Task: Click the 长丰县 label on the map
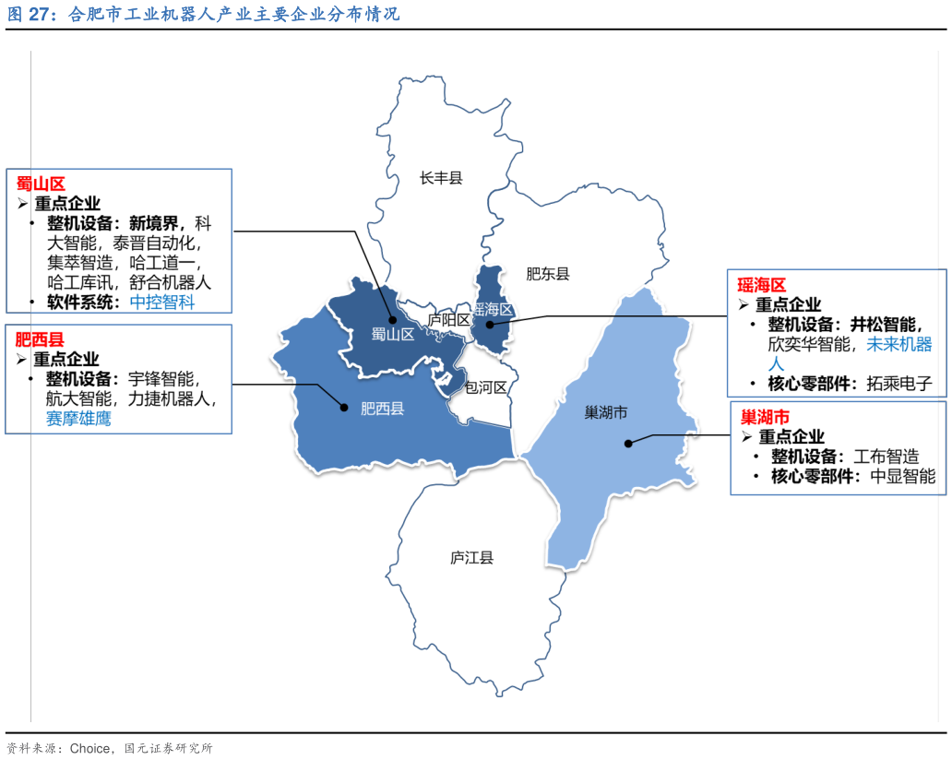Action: [441, 178]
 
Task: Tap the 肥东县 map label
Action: [548, 274]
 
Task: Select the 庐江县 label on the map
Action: [471, 558]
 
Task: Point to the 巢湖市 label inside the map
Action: [606, 412]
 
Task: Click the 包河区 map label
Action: [486, 387]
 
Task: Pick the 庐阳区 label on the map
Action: [449, 320]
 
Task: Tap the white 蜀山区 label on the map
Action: [393, 335]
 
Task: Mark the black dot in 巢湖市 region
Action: [628, 444]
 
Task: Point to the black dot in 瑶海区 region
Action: [490, 325]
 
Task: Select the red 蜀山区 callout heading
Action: [41, 184]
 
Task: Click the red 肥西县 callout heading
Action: [40, 339]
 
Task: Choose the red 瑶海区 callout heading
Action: [761, 285]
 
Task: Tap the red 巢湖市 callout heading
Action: [766, 417]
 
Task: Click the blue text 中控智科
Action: [162, 303]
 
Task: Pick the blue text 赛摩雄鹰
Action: [79, 419]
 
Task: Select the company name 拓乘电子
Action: [899, 384]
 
